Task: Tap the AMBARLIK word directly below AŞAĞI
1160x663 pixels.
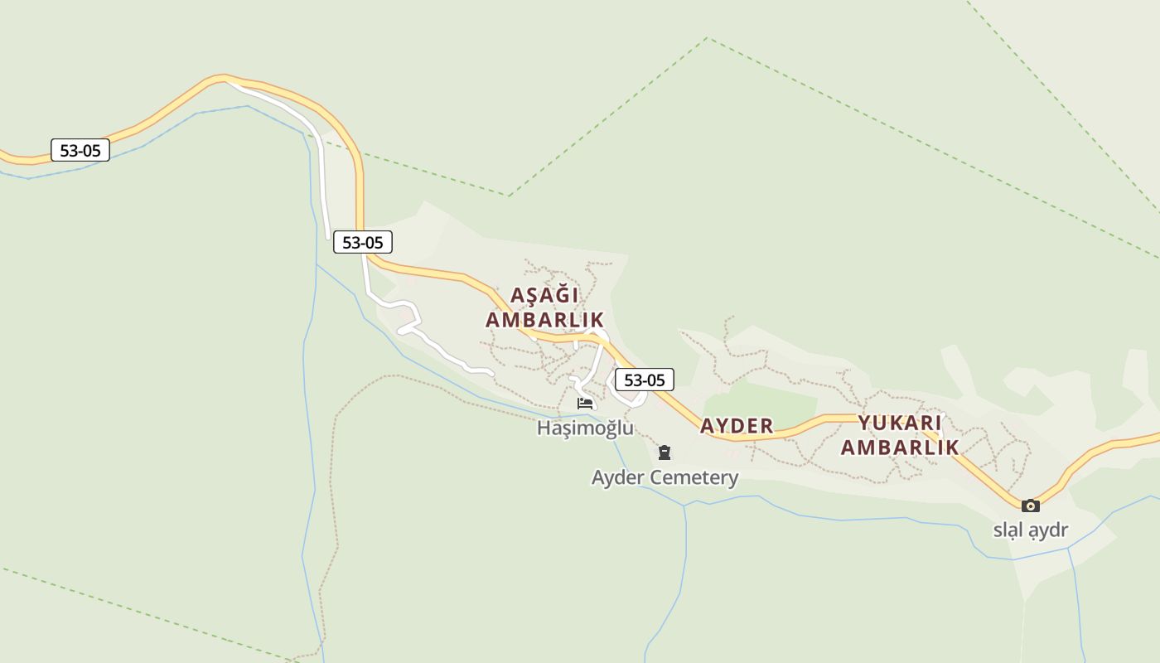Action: click(544, 320)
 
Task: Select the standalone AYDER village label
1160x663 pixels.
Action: click(737, 426)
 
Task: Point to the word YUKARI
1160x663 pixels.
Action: click(900, 423)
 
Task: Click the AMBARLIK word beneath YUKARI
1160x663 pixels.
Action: click(900, 448)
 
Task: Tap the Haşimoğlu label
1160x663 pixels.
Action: click(585, 428)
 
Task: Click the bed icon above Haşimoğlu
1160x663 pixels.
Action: click(585, 404)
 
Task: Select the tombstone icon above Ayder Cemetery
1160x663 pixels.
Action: click(664, 452)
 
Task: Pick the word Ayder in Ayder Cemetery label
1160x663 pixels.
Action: click(617, 477)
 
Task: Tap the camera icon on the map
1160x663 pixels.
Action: click(1030, 506)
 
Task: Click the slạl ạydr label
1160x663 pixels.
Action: click(1031, 530)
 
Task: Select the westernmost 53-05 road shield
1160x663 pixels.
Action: click(80, 150)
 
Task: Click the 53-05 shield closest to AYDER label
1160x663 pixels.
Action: click(644, 380)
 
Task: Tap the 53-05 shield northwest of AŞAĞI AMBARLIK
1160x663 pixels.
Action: click(362, 242)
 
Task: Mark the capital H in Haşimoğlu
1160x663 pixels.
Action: click(544, 428)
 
